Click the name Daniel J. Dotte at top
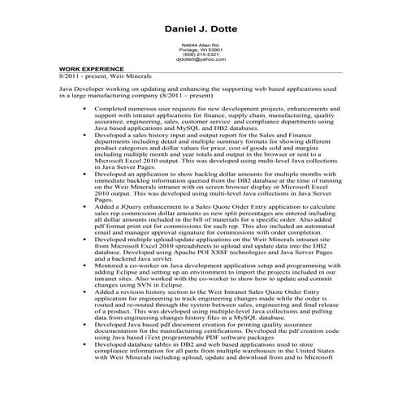tap(201, 29)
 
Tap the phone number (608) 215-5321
tap(201, 55)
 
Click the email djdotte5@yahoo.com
tap(201, 60)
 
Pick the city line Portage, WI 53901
tap(201, 50)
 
